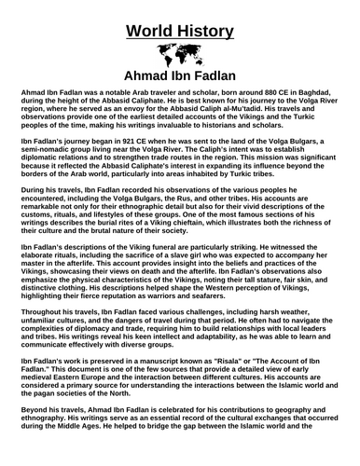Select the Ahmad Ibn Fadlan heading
(x=179, y=75)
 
